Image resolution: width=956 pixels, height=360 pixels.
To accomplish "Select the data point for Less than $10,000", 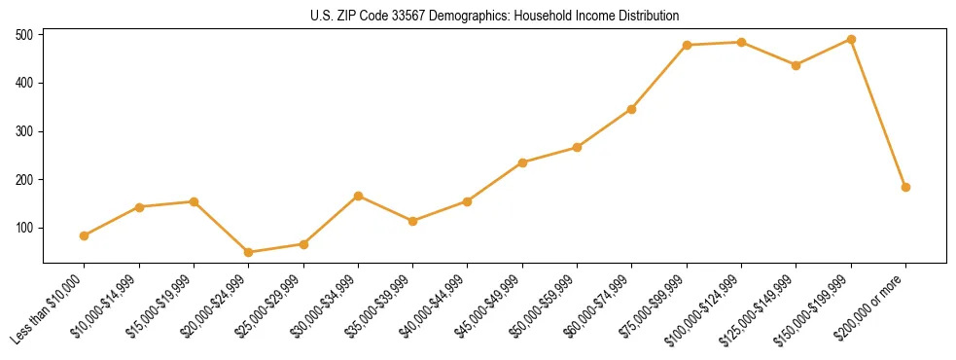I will click(x=85, y=235).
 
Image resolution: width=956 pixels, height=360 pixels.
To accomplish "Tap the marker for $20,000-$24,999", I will click(x=249, y=252).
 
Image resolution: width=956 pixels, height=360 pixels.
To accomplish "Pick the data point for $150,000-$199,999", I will click(x=851, y=40).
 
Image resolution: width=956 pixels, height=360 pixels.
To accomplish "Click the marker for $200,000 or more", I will click(x=905, y=187).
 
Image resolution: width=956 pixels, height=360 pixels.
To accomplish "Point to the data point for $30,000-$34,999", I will click(x=359, y=196).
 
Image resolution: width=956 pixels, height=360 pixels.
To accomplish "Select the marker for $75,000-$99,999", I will click(x=687, y=45).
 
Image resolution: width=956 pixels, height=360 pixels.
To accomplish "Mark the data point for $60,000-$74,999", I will click(x=632, y=109).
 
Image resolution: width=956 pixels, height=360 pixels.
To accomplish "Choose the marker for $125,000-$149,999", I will click(x=797, y=65).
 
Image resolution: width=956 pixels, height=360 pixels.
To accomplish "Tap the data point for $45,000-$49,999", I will click(x=522, y=162).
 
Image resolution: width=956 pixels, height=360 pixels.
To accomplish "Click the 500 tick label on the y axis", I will click(x=24, y=35).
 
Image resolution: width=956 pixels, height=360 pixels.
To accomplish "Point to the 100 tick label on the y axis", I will click(x=24, y=228).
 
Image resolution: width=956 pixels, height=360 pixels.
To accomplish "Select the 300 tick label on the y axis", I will click(x=24, y=131).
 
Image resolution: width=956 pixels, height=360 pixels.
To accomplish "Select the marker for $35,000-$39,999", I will click(x=413, y=221).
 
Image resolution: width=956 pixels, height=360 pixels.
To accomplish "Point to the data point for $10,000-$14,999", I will click(x=139, y=207).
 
